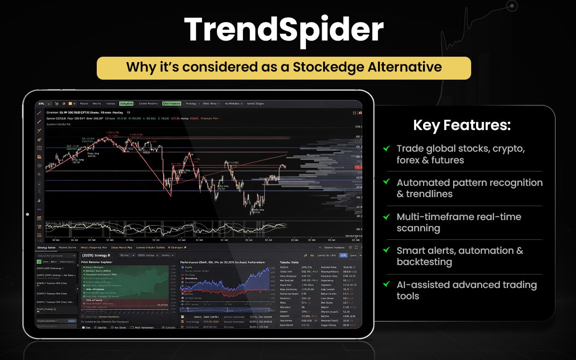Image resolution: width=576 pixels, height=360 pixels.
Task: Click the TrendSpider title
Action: point(284,30)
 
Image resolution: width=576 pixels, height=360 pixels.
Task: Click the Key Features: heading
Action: point(462,126)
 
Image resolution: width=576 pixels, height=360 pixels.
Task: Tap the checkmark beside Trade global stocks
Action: point(386,148)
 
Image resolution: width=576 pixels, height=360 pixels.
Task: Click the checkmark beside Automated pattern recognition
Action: point(386,182)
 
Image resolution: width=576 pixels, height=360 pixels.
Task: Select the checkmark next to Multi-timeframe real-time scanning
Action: point(386,216)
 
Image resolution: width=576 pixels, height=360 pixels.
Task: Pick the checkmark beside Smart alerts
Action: point(386,250)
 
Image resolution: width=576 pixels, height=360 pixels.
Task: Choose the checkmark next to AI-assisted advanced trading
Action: point(386,284)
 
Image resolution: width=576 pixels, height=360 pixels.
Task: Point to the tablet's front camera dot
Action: point(27,215)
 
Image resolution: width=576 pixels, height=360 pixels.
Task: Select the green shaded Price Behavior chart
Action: point(124,283)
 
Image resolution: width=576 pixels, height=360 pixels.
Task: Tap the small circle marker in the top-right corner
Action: point(512,6)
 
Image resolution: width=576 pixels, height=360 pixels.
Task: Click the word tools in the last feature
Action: point(408,296)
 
